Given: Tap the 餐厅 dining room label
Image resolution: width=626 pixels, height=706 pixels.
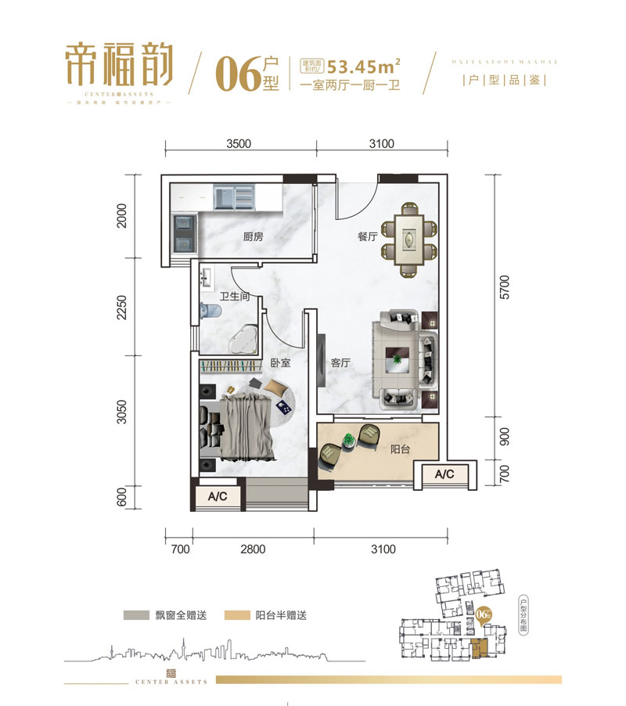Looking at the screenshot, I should [368, 236].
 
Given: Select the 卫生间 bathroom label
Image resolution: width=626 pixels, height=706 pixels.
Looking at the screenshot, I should [234, 297].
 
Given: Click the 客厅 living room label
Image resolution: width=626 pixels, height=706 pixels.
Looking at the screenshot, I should [340, 363].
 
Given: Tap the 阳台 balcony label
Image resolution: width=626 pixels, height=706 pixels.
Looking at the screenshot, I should [401, 450].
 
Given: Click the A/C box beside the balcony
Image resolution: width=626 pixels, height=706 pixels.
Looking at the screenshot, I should [444, 474].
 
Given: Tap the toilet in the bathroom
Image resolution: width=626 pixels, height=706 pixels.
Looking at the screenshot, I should [206, 311].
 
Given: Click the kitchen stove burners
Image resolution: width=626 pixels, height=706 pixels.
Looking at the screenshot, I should [185, 232].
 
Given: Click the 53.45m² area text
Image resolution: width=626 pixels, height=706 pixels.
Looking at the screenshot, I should [359, 65].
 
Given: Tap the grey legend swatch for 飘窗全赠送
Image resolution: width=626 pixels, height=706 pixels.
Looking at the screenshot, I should [139, 615].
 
